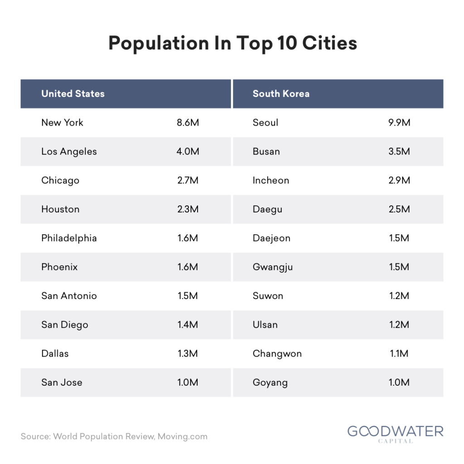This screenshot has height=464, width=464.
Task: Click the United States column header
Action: point(73,93)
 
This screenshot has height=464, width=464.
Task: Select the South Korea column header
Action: point(281,93)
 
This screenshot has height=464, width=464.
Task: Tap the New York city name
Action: point(62,122)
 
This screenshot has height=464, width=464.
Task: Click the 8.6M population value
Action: point(188,122)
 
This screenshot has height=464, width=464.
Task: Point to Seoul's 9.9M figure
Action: point(399,122)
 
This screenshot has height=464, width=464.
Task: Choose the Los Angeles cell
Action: point(69,152)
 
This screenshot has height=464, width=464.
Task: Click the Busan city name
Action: point(266,151)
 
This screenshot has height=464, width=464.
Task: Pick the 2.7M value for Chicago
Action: point(188,180)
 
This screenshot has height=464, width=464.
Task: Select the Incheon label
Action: point(271,180)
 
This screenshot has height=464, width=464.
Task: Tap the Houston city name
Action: point(60,209)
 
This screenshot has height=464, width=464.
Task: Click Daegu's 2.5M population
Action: point(399,209)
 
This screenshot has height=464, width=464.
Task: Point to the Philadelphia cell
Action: point(69,238)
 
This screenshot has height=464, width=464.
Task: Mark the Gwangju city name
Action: point(272,267)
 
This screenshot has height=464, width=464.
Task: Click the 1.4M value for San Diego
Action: point(188,324)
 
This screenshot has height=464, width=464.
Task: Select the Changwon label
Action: point(277,354)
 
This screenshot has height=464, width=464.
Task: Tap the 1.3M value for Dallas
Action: point(188,353)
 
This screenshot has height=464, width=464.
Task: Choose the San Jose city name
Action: point(62,382)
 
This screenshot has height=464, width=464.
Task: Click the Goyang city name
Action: point(270,383)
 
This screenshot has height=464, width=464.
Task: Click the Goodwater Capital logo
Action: point(395,434)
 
